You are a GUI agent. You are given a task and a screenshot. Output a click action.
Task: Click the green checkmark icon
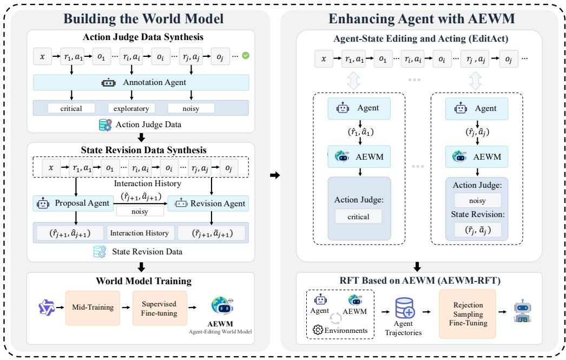[x=246, y=56]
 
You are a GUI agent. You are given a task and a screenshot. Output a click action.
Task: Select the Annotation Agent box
[x=141, y=82]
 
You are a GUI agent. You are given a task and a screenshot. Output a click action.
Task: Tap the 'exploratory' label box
[x=131, y=108]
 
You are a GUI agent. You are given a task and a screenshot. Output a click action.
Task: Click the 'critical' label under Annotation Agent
[x=71, y=108]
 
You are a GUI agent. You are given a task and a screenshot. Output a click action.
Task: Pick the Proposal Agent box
[x=73, y=204]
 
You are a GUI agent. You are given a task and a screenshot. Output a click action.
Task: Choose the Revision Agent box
[x=208, y=204]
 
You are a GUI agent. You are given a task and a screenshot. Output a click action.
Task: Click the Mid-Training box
[x=93, y=307]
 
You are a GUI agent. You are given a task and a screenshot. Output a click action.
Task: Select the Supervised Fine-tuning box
[x=160, y=308]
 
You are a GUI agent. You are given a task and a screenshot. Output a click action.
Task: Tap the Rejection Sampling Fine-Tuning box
[x=468, y=314]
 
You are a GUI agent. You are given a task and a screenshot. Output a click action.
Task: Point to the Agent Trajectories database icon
[x=405, y=307]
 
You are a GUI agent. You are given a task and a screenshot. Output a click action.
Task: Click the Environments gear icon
[x=318, y=330]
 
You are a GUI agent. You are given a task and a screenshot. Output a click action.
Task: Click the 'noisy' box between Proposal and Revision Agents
[x=140, y=211]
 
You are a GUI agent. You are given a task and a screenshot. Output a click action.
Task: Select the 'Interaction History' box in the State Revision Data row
[x=140, y=233]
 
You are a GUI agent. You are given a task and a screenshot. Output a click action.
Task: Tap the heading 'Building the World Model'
[x=143, y=19]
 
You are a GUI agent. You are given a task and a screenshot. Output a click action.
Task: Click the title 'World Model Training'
[x=143, y=281]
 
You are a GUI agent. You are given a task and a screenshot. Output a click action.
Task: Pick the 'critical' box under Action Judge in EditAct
[x=358, y=217]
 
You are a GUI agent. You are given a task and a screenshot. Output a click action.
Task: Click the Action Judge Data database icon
[x=106, y=125]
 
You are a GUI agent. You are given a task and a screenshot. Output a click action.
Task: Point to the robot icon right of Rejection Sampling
[x=522, y=311]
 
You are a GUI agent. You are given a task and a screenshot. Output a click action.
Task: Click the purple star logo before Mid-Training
[x=47, y=307]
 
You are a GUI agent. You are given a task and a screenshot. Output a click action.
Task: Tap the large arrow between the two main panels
[x=275, y=175]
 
